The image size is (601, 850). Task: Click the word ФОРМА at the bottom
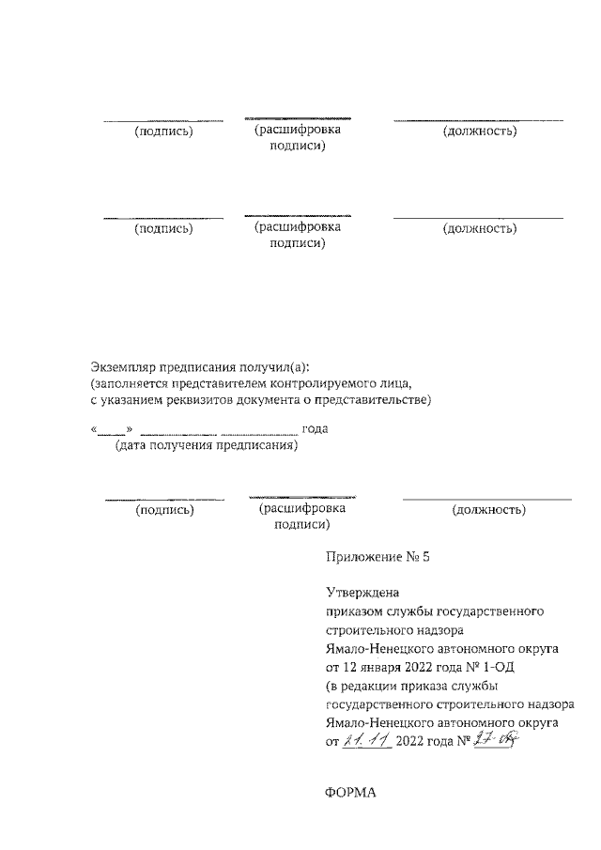(349, 793)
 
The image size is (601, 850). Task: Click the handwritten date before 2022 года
(367, 741)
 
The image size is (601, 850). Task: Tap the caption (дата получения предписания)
(207, 446)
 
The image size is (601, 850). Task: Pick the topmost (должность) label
(480, 131)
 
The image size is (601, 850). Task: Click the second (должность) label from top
(480, 227)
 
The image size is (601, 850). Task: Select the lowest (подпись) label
(165, 510)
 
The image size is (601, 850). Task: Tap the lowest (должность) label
(488, 510)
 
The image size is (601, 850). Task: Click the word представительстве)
(373, 401)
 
